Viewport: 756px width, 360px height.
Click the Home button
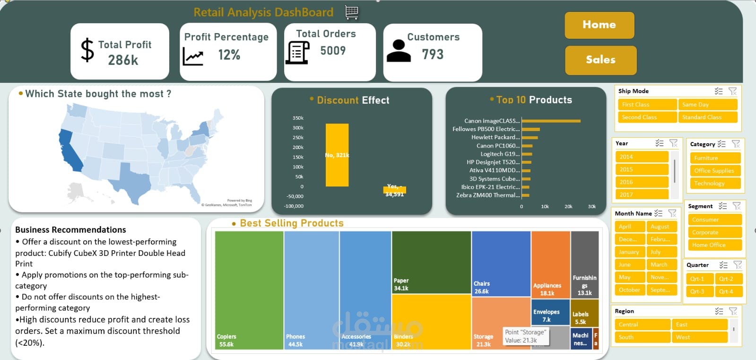coord(599,25)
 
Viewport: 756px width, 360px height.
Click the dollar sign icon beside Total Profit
coord(87,50)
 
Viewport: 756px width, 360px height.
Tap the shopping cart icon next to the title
coord(351,12)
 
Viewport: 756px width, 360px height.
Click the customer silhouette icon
coord(399,51)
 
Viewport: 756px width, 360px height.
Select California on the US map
coord(70,151)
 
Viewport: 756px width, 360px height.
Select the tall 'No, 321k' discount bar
coord(337,155)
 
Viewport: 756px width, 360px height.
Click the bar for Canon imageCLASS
coord(550,121)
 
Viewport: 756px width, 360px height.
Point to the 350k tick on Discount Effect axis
coord(298,118)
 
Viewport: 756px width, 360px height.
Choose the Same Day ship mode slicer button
coord(707,105)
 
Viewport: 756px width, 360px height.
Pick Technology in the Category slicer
coord(714,184)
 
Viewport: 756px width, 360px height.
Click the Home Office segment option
coord(714,245)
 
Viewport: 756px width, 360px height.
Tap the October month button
coord(629,290)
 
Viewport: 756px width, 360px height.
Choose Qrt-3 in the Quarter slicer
coord(699,291)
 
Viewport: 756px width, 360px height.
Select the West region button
coord(699,337)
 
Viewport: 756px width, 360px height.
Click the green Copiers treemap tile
coord(249,289)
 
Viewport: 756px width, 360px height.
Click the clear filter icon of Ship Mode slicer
coord(732,91)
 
